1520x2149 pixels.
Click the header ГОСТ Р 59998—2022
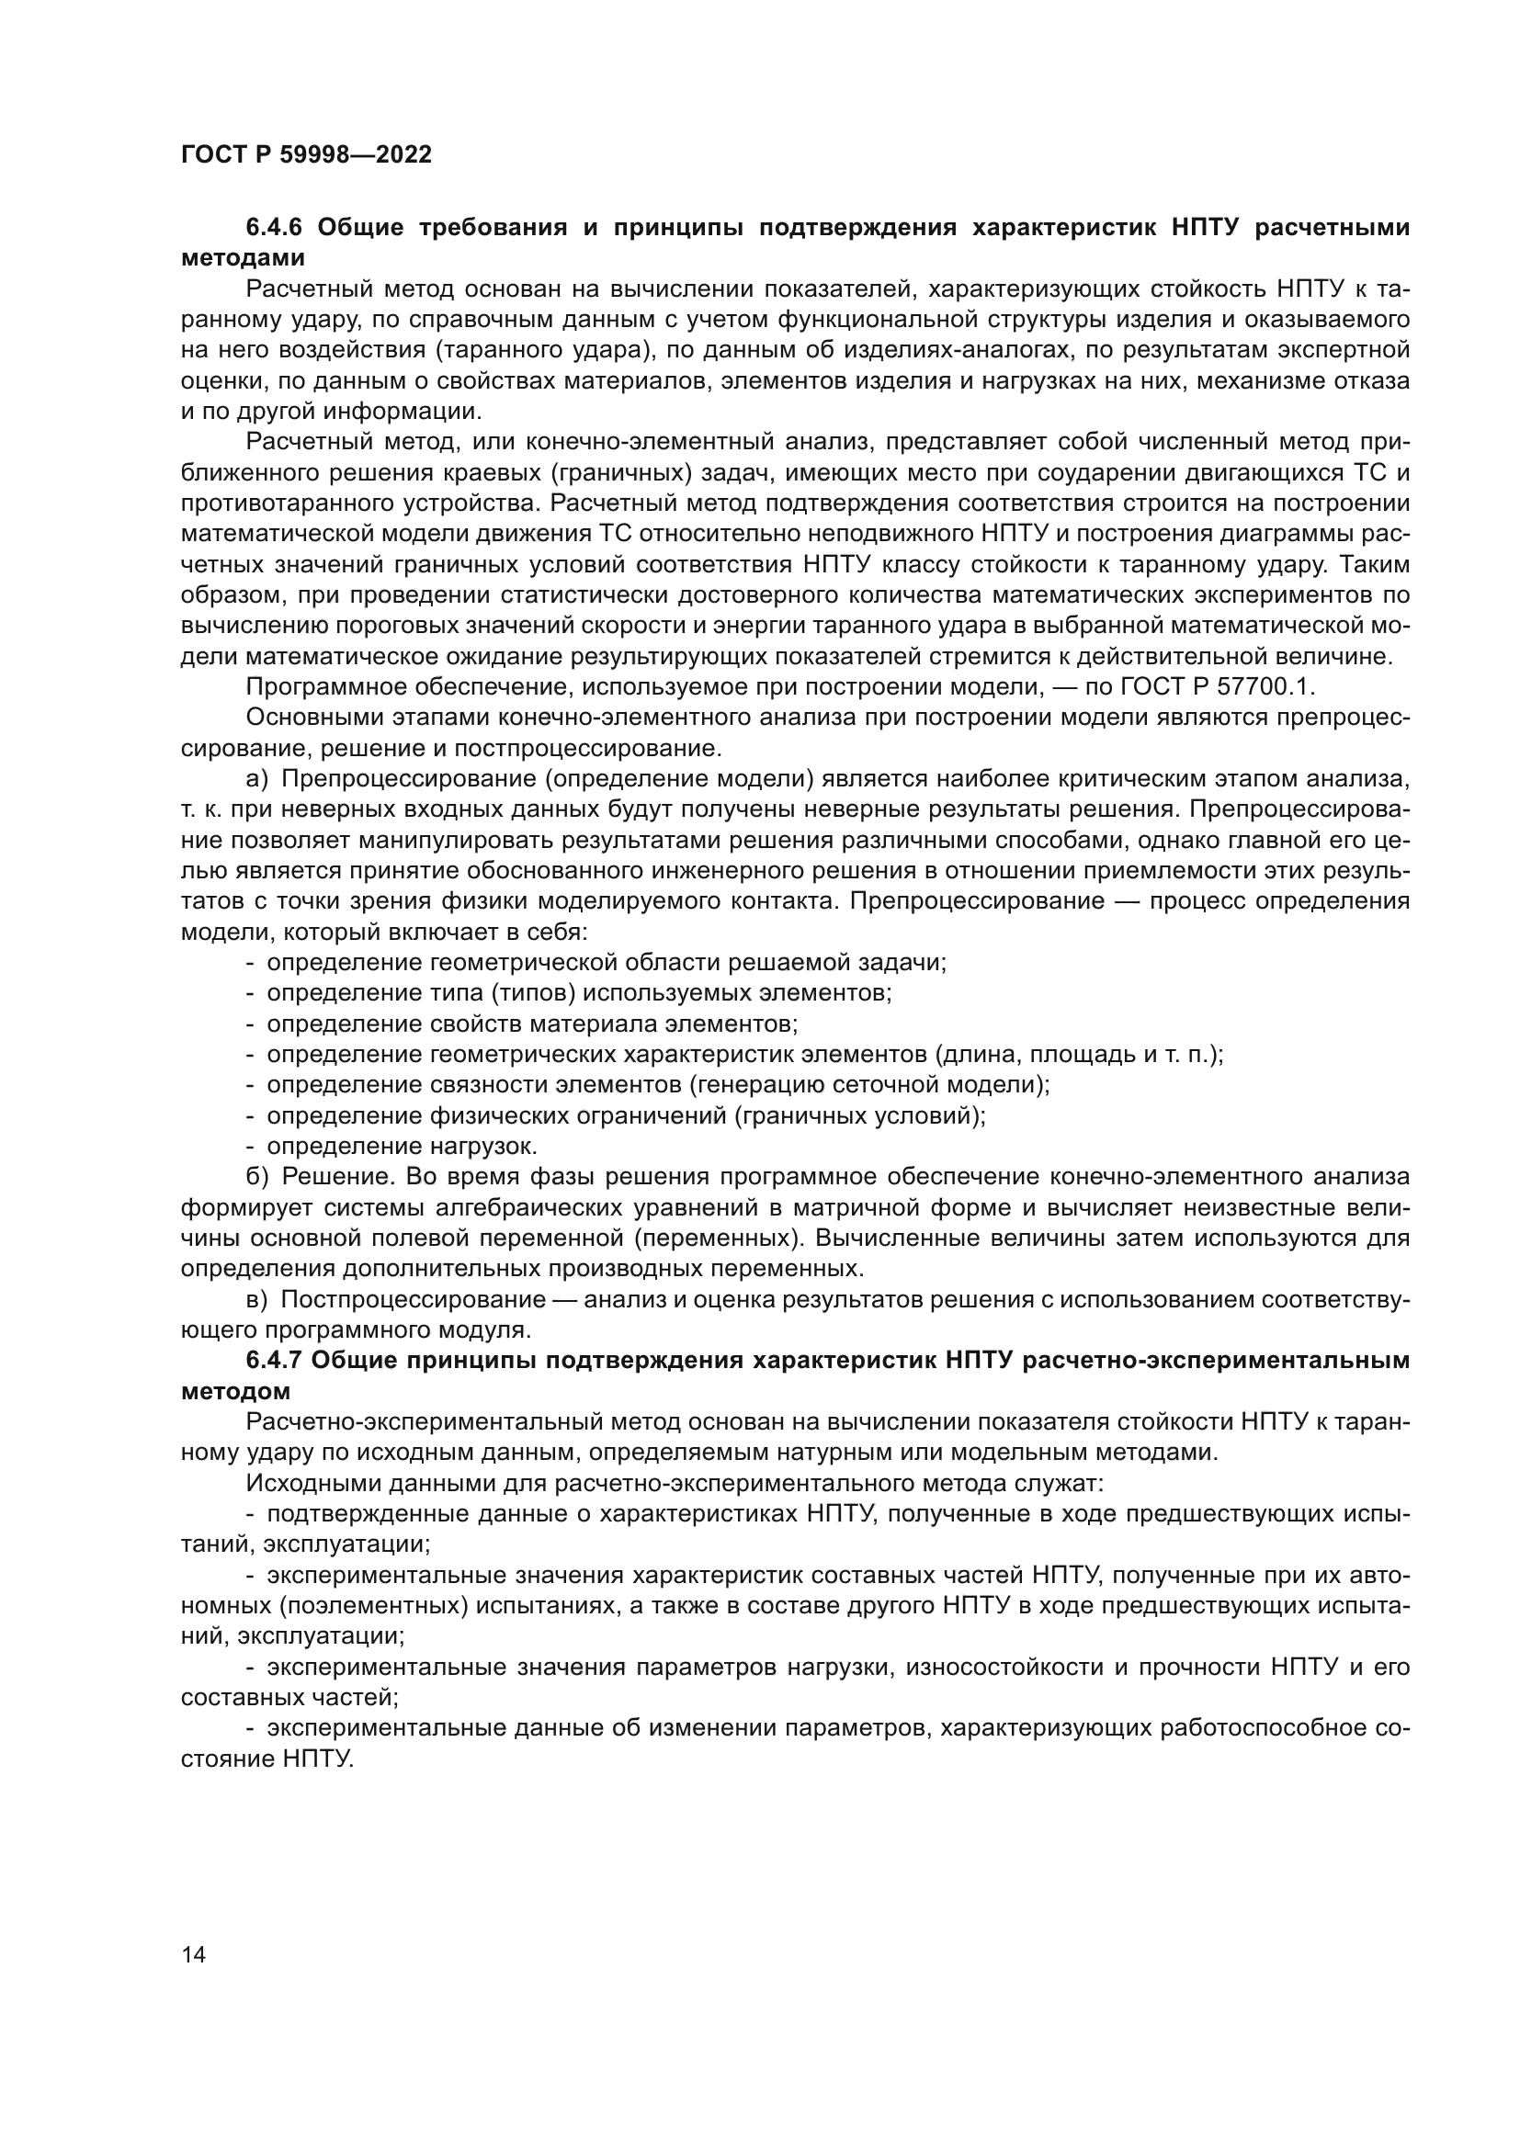pyautogui.click(x=306, y=155)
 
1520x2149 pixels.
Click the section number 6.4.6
pyautogui.click(x=274, y=228)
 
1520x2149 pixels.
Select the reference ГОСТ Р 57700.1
pyautogui.click(x=1216, y=687)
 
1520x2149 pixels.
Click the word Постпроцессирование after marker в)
pyautogui.click(x=413, y=1300)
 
